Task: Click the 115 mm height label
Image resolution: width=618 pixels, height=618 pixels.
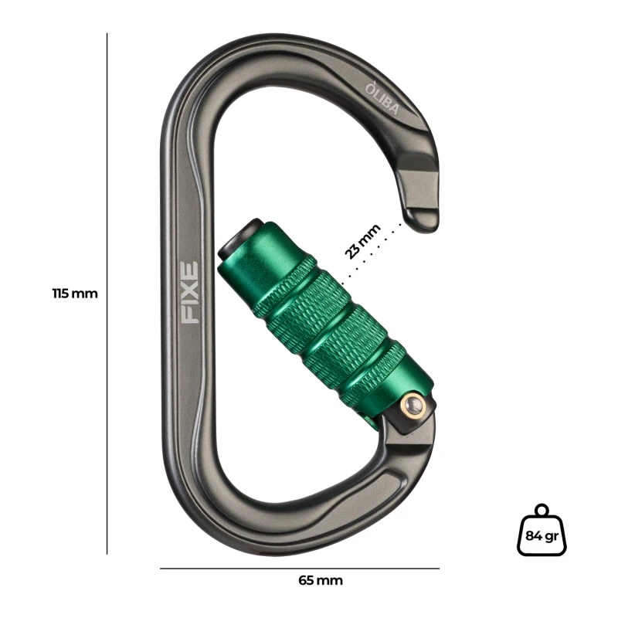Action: (75, 294)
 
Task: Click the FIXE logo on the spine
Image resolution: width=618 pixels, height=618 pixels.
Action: (189, 292)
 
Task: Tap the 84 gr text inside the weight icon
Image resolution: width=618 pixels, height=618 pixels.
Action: (541, 534)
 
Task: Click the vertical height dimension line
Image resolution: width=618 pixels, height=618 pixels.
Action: (107, 294)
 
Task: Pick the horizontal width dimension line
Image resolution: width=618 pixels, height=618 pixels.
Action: (300, 569)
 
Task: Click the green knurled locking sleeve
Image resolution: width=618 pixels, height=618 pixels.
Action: (324, 324)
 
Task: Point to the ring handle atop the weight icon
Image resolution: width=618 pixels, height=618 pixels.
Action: (542, 510)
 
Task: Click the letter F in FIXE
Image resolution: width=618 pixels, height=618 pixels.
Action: (189, 314)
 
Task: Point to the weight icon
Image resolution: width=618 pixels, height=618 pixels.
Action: (542, 530)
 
